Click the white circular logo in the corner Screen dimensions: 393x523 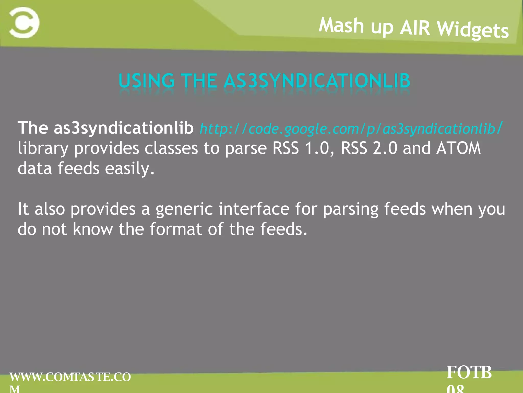pyautogui.click(x=24, y=23)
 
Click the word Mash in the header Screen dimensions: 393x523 pyautogui.click(x=341, y=26)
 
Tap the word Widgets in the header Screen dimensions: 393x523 pyautogui.click(x=473, y=30)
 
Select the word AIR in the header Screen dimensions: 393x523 pyautogui.click(x=415, y=28)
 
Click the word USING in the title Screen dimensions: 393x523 pyautogui.click(x=146, y=81)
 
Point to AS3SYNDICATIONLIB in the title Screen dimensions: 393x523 pyautogui.click(x=317, y=81)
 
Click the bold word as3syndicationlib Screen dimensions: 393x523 pyautogui.click(x=124, y=128)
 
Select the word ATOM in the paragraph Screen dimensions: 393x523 pyautogui.click(x=458, y=148)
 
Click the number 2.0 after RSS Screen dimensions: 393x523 pyautogui.click(x=385, y=148)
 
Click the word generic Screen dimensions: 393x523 pyautogui.click(x=184, y=209)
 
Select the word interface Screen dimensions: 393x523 pyautogui.click(x=254, y=209)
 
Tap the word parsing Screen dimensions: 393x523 pyautogui.click(x=351, y=209)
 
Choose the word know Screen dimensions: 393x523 pyautogui.click(x=93, y=229)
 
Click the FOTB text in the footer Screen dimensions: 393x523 pyautogui.click(x=469, y=373)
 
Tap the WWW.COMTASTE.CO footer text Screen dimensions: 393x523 pyautogui.click(x=70, y=377)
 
